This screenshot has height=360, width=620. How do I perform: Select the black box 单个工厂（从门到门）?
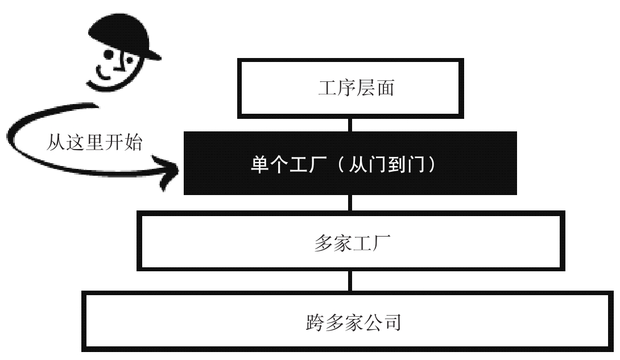pyautogui.click(x=350, y=163)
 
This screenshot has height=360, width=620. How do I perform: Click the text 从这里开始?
pyautogui.click(x=94, y=142)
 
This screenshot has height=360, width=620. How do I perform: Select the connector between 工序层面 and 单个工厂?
pyautogui.click(x=350, y=125)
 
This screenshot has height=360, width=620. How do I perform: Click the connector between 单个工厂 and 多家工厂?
pyautogui.click(x=350, y=202)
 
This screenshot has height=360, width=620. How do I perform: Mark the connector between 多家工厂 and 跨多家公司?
pyautogui.click(x=350, y=281)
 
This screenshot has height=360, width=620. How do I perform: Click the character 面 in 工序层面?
pyautogui.click(x=385, y=88)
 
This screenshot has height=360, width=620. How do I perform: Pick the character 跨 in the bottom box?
pyautogui.click(x=315, y=322)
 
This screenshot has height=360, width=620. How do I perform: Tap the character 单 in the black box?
pyautogui.click(x=261, y=164)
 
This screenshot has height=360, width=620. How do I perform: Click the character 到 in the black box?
pyautogui.click(x=398, y=164)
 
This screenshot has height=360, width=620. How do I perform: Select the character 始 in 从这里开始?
pyautogui.click(x=133, y=142)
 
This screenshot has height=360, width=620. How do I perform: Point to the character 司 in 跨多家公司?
pyautogui.click(x=392, y=322)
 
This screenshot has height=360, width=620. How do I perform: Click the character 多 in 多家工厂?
pyautogui.click(x=324, y=243)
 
